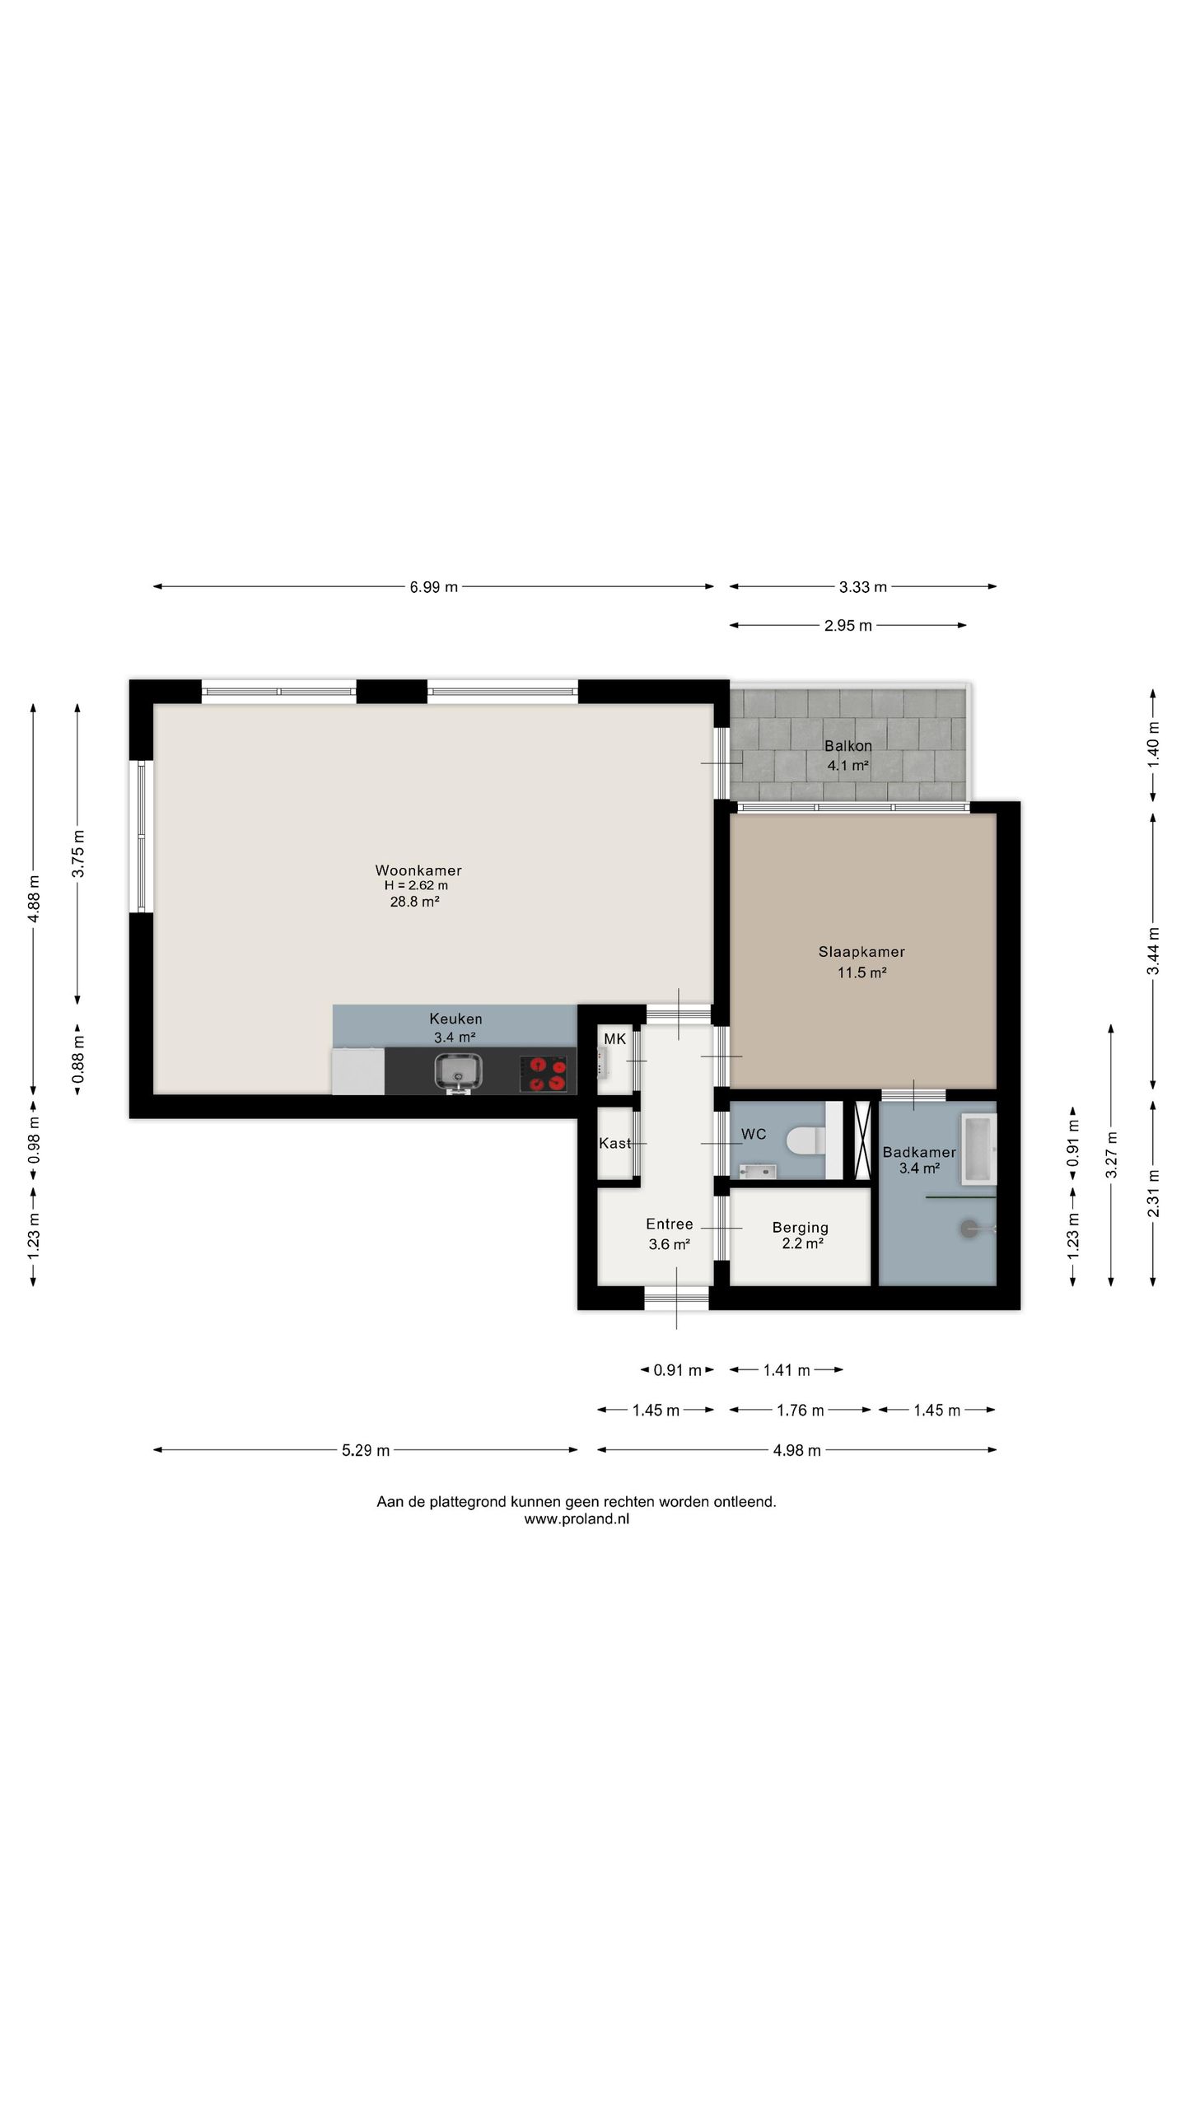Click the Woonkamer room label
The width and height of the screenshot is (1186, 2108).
tap(418, 870)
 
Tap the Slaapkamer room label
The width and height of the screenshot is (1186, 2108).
tap(861, 952)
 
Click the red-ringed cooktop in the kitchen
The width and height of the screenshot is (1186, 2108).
tap(544, 1074)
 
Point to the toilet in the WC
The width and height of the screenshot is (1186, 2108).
tap(805, 1141)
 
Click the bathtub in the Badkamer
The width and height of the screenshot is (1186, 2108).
tap(978, 1150)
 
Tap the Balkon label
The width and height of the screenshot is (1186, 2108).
tap(848, 746)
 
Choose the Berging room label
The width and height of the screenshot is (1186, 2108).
tap(801, 1228)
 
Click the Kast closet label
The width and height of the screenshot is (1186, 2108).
tap(614, 1143)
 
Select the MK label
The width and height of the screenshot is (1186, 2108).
tap(615, 1039)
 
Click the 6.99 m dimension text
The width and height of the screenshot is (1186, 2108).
tap(434, 587)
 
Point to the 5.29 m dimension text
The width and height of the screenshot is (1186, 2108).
tap(366, 1450)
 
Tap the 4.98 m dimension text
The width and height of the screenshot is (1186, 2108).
tap(797, 1450)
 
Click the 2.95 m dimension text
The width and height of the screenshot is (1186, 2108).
tap(848, 626)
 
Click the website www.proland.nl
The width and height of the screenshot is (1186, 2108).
tap(577, 1519)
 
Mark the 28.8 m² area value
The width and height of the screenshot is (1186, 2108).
tap(414, 902)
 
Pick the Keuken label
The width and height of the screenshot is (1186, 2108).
tap(455, 1019)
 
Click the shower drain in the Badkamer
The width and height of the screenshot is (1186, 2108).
tap(969, 1228)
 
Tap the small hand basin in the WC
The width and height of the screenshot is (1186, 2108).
tap(758, 1171)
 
